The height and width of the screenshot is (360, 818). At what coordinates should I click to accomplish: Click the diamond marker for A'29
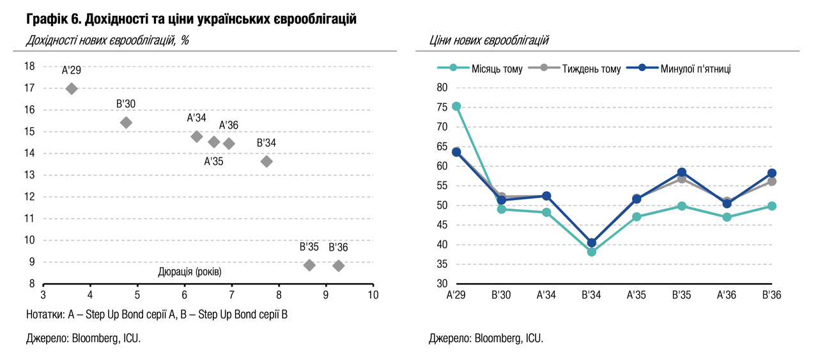[72, 88]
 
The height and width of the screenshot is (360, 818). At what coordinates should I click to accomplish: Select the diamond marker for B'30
[126, 123]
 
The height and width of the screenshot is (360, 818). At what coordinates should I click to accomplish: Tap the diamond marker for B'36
[339, 265]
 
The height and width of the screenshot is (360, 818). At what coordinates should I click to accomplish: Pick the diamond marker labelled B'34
[266, 161]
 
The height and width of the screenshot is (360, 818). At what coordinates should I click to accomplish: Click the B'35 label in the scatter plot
[309, 247]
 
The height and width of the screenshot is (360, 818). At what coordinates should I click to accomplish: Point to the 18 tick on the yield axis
[29, 66]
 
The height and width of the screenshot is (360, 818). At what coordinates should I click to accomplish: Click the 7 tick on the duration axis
[231, 295]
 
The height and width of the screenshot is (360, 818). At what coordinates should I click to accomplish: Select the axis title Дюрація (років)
[190, 272]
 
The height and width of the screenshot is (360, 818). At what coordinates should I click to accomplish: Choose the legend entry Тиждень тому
[591, 68]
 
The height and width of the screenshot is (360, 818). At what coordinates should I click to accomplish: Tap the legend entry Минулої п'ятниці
[695, 68]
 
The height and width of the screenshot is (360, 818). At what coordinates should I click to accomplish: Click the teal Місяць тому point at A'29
[456, 106]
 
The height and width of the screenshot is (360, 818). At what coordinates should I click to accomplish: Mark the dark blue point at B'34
[591, 243]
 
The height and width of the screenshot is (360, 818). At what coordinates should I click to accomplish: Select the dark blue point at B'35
[682, 173]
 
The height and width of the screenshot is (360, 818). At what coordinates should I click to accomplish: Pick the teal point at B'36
[772, 206]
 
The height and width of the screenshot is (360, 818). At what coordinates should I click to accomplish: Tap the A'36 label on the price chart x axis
[727, 295]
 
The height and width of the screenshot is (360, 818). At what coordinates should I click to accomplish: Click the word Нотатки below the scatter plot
[45, 315]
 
